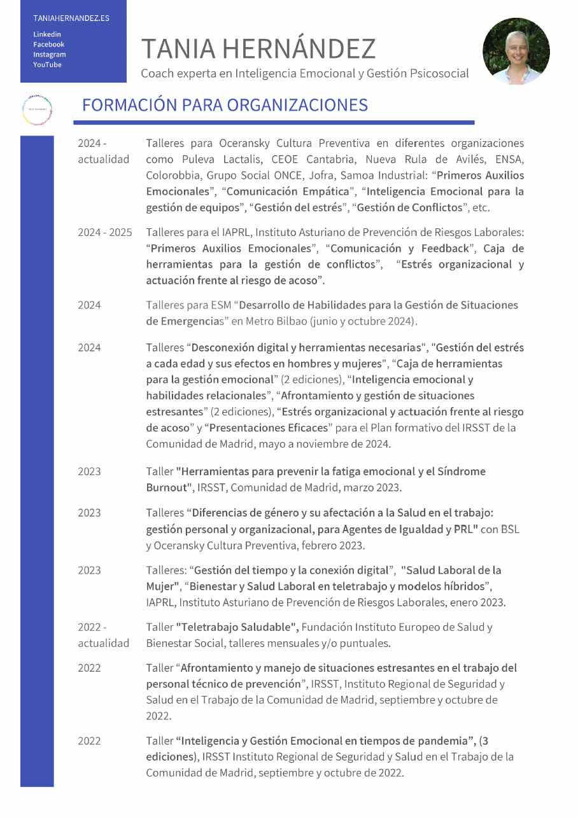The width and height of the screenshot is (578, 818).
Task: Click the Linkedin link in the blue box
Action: [47, 34]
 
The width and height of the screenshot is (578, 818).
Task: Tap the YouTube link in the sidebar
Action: [47, 65]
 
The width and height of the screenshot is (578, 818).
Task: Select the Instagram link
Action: [49, 55]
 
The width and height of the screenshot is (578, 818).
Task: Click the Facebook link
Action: [48, 45]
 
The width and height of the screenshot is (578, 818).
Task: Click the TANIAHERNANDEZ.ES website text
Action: [71, 18]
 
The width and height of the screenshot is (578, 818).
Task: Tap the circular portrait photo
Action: [516, 51]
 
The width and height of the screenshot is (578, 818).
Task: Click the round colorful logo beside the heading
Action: [37, 110]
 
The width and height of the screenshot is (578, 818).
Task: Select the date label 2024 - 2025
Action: [105, 232]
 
